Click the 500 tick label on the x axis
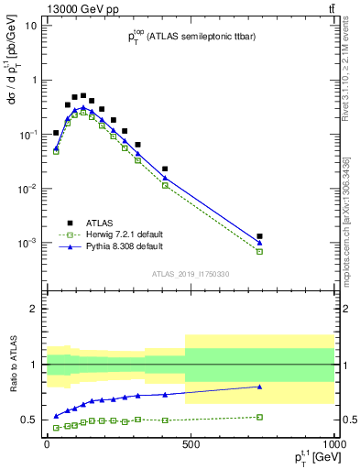click(191, 444)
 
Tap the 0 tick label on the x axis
click(47, 444)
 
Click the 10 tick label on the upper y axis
click(29, 26)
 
